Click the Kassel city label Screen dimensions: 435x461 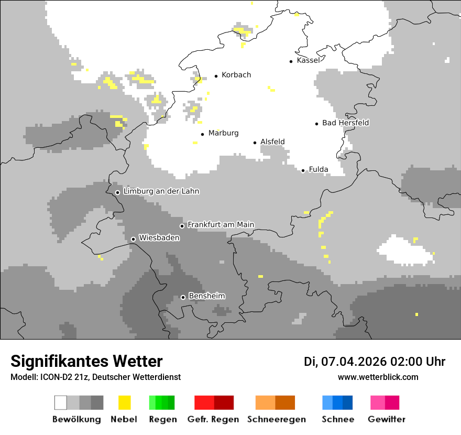coord(308,60)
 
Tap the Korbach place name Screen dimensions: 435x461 coord(236,75)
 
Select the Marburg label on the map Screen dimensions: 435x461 coord(223,133)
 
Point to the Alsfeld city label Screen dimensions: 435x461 coord(272,142)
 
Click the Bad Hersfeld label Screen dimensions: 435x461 coord(345,123)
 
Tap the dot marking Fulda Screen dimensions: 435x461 coord(303,170)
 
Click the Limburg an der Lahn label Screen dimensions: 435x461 coord(161,191)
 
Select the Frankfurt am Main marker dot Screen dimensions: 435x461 coord(182,226)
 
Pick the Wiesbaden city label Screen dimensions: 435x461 coord(159,238)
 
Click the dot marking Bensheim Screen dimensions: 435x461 coord(183,297)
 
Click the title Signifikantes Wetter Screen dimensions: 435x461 coord(86,361)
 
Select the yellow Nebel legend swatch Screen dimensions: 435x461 coord(124,403)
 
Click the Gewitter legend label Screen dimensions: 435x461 coord(386,419)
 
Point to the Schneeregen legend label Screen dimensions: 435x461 coord(276,419)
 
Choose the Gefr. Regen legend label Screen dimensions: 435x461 coord(213,419)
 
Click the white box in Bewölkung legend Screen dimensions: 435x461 coord(61,403)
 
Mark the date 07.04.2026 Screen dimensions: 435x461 coord(354,361)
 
